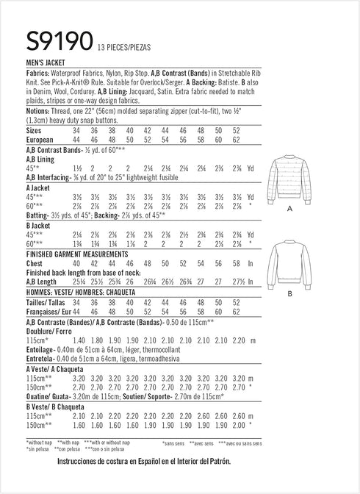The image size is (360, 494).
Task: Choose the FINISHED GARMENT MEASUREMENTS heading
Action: [x=77, y=254]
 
